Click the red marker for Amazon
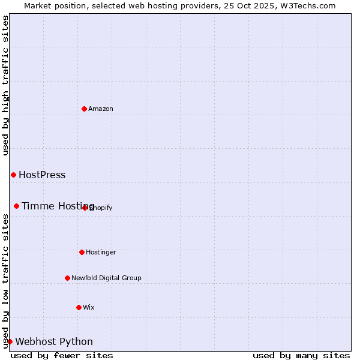click(84, 109)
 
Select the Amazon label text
click(101, 109)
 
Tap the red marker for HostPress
click(13, 175)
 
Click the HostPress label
click(42, 175)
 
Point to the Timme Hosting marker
click(16, 206)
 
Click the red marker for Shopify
click(85, 208)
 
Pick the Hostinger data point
click(82, 252)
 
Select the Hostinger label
click(101, 253)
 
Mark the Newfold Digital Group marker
click(67, 278)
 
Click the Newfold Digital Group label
click(106, 278)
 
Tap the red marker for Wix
click(79, 307)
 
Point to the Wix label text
click(89, 308)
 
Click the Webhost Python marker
click(10, 341)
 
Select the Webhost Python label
click(54, 342)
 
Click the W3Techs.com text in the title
click(307, 6)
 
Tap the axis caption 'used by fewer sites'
click(62, 355)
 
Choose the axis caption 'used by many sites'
click(301, 355)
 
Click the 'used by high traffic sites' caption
click(6, 85)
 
